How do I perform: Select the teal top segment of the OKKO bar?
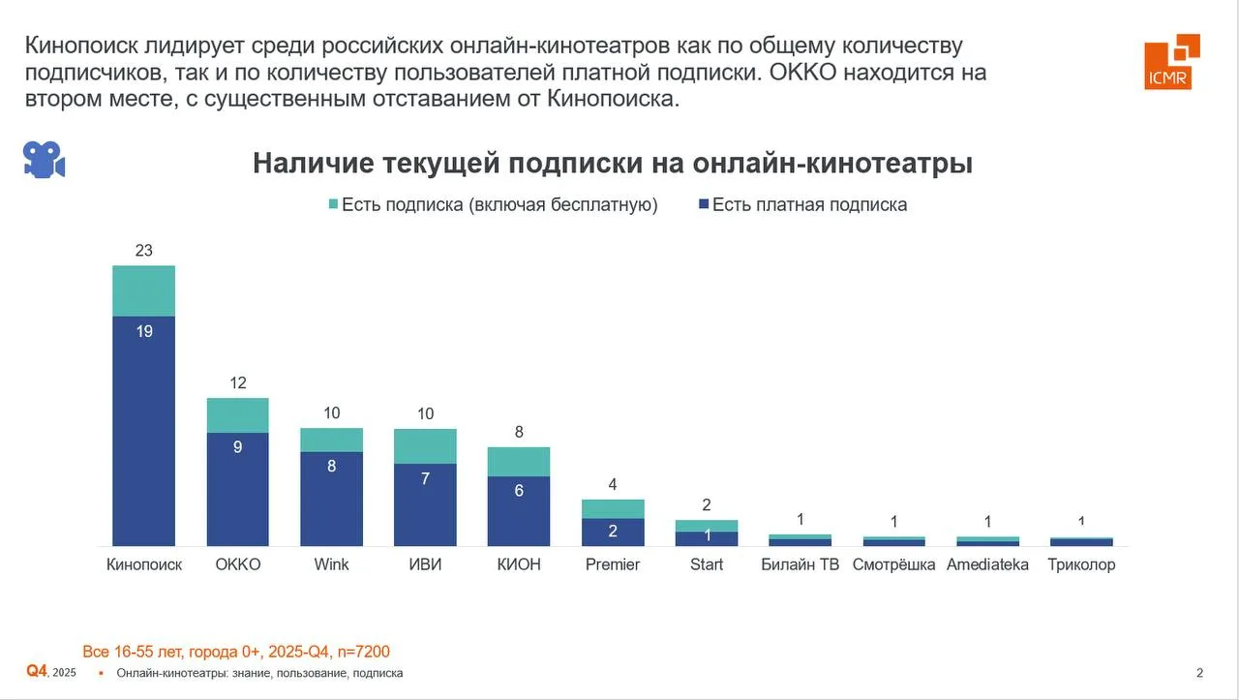237,414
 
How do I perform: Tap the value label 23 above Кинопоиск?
143,250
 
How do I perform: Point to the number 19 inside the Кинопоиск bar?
143,331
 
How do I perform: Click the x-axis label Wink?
331,564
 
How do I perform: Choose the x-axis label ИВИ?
425,564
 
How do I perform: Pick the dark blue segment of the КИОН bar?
519,511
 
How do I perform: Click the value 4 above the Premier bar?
613,484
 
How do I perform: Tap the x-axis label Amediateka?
987,564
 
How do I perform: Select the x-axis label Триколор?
1081,564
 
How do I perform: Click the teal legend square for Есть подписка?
334,204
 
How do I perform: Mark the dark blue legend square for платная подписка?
704,204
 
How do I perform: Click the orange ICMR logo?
1171,62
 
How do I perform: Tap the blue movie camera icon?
44,160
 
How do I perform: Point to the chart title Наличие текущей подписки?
613,164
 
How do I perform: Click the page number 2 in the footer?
1200,673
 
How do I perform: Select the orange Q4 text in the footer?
37,671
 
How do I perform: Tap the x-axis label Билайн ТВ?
801,564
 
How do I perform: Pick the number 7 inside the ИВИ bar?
425,478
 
